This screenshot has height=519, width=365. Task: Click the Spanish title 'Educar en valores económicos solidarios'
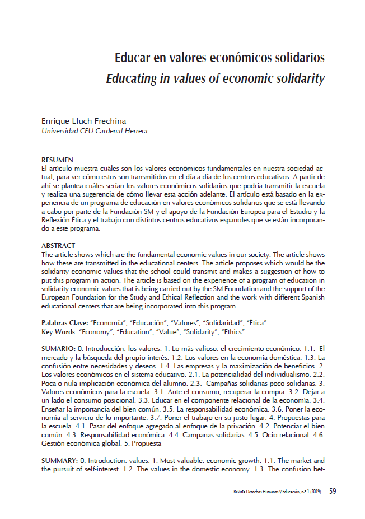coord(220,58)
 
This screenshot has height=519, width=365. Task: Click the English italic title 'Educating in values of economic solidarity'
coord(216,78)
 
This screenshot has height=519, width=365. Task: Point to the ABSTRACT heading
coord(58,245)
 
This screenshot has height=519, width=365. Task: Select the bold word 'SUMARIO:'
coord(58,349)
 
